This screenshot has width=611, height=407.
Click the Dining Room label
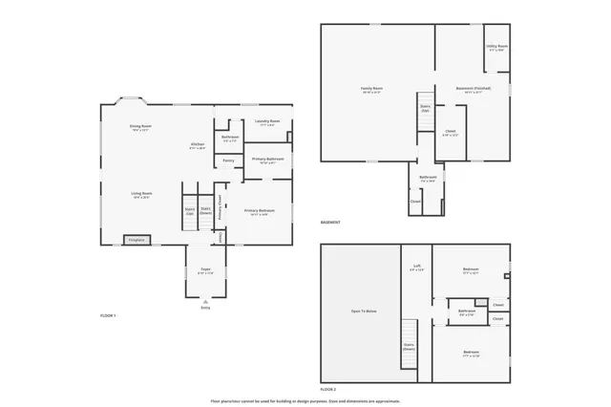(x=141, y=126)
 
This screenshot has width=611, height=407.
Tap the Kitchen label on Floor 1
(x=198, y=145)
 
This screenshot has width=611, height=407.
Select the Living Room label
(x=141, y=194)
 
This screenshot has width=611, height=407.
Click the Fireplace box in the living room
(x=137, y=240)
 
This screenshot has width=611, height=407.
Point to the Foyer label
(x=205, y=270)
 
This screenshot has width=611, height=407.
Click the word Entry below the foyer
(x=205, y=308)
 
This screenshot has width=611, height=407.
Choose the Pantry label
(x=228, y=161)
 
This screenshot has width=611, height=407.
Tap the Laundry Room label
(x=267, y=121)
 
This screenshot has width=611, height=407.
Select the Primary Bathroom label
(x=267, y=159)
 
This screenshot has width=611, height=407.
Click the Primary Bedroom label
(x=260, y=211)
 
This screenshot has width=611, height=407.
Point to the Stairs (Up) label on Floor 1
(x=189, y=210)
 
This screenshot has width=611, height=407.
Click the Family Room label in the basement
(x=371, y=90)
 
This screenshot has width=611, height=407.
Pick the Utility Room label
(x=496, y=46)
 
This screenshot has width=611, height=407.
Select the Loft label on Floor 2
(x=416, y=268)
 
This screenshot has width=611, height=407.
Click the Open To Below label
(x=364, y=311)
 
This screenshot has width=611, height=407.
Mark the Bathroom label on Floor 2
(x=467, y=311)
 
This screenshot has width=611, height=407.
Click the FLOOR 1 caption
(x=108, y=315)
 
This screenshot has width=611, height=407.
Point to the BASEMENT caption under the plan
(x=330, y=223)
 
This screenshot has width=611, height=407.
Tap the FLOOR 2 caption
(x=328, y=390)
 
